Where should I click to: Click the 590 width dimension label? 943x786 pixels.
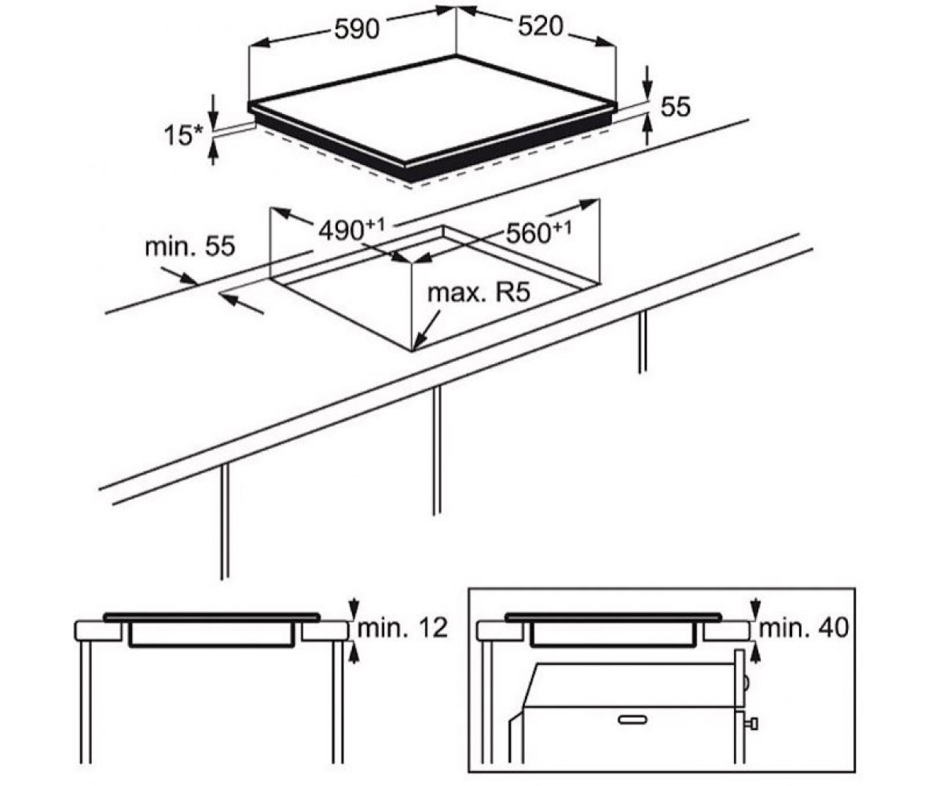[356, 30]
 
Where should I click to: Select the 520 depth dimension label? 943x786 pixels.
[540, 26]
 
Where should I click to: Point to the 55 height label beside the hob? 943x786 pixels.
[676, 107]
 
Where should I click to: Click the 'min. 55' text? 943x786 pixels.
[190, 246]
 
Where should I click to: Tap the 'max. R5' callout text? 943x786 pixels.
[479, 292]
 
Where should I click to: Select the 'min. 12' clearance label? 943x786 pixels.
[402, 627]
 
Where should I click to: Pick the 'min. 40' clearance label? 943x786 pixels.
[804, 627]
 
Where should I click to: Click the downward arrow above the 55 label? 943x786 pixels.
[648, 83]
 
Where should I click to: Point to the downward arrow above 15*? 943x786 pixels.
[214, 112]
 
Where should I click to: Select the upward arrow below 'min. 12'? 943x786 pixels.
[354, 653]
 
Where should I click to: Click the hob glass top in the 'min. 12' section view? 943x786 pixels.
[212, 617]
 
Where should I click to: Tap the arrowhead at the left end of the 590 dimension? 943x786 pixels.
[259, 42]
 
